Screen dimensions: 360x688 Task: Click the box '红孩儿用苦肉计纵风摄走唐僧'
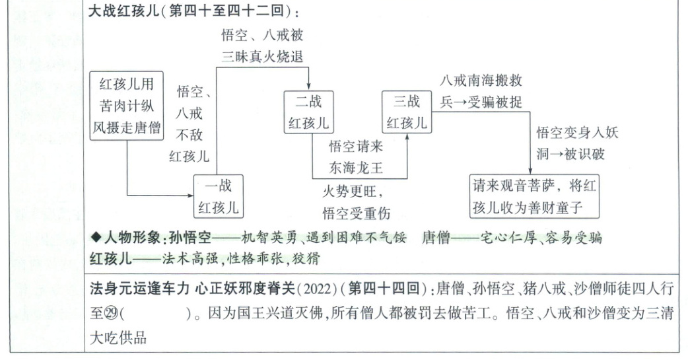pos(126,106)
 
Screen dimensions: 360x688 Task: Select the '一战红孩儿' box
pos(219,196)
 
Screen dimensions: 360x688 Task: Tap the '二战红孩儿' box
pos(308,112)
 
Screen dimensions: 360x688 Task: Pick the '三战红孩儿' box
pos(406,112)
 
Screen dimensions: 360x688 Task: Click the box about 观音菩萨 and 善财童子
pos(535,196)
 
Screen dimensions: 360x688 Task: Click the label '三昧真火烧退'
pos(262,56)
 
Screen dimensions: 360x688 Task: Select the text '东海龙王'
pos(356,168)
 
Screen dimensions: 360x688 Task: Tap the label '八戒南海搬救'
pos(481,80)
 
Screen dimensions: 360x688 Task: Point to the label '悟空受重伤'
pos(356,213)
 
